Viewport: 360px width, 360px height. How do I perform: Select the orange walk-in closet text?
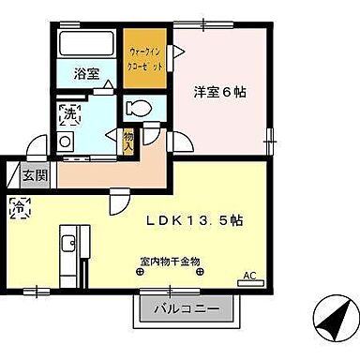[144, 56]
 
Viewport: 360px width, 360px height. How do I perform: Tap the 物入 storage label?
[128, 141]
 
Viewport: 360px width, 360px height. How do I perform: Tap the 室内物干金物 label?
[169, 260]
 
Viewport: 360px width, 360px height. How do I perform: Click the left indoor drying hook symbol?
[140, 272]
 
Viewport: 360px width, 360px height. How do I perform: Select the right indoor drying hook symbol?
[198, 272]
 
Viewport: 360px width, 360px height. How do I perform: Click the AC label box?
[248, 276]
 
